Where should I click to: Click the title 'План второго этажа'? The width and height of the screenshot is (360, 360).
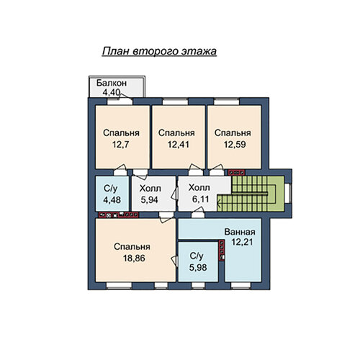(159, 51)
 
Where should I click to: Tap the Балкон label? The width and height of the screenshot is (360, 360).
(112, 83)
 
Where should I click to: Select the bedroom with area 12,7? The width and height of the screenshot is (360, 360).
(122, 137)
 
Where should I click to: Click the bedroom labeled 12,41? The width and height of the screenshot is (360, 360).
(179, 137)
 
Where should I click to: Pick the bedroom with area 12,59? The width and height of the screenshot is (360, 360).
(234, 137)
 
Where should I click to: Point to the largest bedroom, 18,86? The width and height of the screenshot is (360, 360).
(135, 250)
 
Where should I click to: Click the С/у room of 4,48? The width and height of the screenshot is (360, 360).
(112, 194)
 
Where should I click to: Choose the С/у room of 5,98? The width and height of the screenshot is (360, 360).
(198, 262)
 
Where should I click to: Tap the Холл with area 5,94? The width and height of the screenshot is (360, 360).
(153, 194)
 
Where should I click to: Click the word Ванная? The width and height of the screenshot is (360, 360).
(240, 232)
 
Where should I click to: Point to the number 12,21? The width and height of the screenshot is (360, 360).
(242, 242)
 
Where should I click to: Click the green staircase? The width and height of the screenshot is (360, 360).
(251, 194)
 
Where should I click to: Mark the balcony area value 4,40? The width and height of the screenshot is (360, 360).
(112, 92)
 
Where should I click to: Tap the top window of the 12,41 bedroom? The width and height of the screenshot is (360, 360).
(175, 102)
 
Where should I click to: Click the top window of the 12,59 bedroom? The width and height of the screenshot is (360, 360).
(227, 102)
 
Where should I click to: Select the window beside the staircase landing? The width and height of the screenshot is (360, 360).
(288, 194)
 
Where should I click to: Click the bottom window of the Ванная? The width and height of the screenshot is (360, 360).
(241, 285)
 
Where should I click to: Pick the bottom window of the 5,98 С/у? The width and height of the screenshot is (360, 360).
(198, 285)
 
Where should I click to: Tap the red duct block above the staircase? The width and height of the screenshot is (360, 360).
(236, 172)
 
